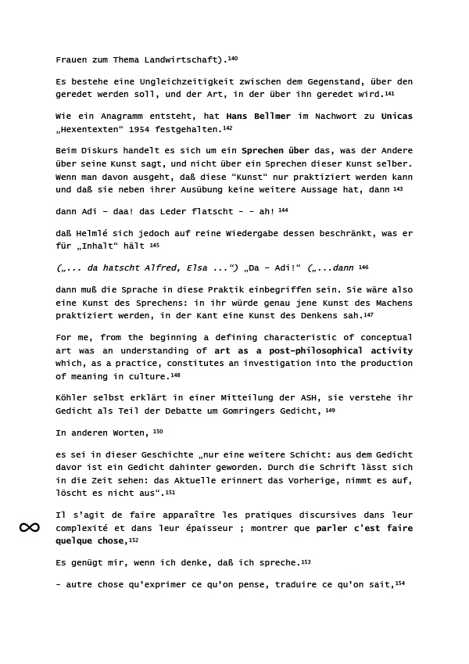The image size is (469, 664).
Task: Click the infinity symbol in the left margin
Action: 29,528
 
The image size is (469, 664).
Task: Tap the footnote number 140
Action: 232,58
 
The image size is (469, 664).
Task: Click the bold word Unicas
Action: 396,117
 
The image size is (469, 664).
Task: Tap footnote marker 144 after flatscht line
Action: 283,210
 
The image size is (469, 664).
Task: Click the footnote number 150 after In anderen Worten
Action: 158,432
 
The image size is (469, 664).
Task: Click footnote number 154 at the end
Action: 400,582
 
